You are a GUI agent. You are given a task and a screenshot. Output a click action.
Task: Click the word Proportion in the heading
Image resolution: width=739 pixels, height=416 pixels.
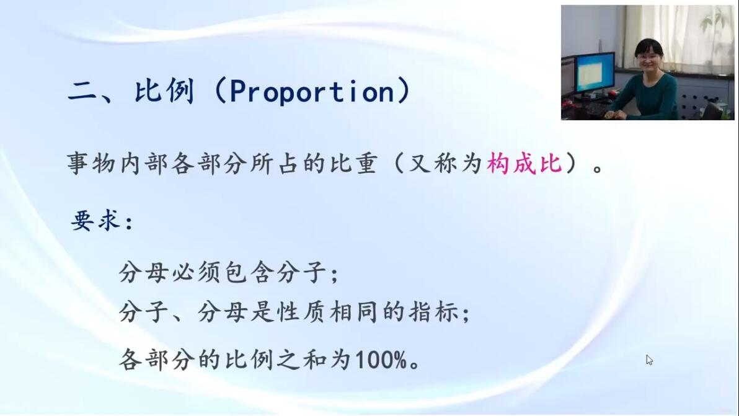coord(312,91)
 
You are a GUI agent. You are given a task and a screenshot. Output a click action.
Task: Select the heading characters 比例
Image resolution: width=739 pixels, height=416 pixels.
coord(164,91)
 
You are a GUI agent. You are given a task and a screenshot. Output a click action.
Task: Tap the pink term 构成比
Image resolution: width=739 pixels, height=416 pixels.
coord(524,164)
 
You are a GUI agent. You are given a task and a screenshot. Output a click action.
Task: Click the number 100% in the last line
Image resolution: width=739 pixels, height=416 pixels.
coord(381,360)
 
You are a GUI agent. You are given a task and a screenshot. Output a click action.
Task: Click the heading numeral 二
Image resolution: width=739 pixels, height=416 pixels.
coord(82,91)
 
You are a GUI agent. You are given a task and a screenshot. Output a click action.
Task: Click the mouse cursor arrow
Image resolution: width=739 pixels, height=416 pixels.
coord(649,360)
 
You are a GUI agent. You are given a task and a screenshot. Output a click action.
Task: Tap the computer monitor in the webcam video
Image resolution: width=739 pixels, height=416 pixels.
coord(595,74)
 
